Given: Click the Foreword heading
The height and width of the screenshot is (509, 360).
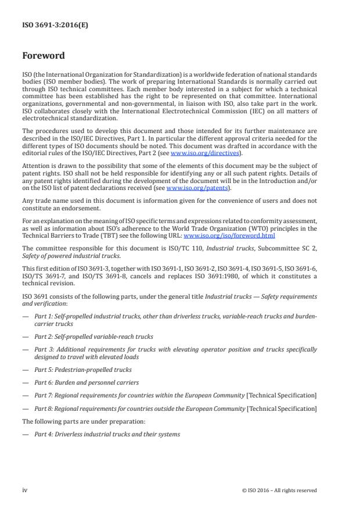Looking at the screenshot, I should pos(44,56).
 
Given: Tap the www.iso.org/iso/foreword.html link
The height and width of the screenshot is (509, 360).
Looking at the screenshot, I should pos(229,236).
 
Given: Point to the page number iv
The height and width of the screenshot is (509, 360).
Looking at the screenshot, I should pos(25,490).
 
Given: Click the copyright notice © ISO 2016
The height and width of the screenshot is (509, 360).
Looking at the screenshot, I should pos(279,490).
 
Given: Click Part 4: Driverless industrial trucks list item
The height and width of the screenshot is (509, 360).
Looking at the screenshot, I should pos(107,434).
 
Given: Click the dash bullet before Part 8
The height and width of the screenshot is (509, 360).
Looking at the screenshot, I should pos(25,409).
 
